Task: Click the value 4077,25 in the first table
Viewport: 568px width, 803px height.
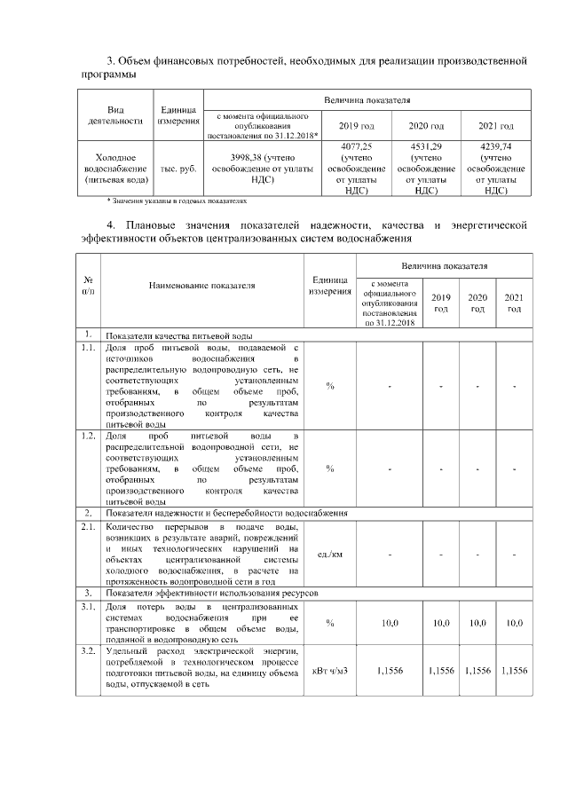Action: [355, 147]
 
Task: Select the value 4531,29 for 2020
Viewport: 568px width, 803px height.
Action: [427, 147]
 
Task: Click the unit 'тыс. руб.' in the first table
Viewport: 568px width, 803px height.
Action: [178, 168]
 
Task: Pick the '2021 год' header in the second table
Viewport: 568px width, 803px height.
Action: [514, 303]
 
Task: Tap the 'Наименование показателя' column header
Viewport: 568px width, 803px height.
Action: [202, 286]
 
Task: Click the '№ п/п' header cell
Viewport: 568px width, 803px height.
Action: [88, 286]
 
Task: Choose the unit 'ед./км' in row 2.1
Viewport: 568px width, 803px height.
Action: [330, 555]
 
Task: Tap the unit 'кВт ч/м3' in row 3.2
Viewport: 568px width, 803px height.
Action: [330, 671]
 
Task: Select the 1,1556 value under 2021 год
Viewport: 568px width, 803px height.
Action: [514, 671]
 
